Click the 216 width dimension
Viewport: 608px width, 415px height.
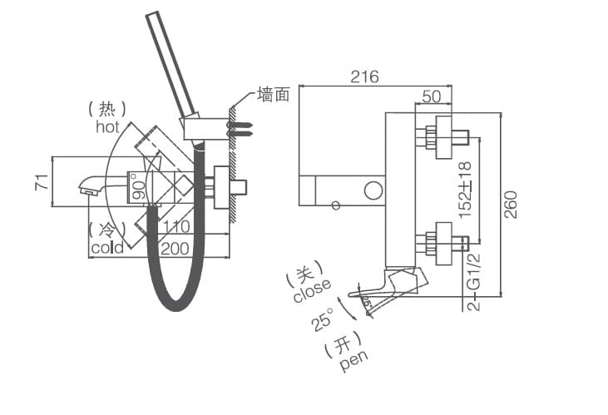pyautogui.click(x=364, y=77)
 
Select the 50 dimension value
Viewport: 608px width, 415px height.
pyautogui.click(x=432, y=97)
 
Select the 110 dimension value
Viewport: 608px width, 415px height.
pyautogui.click(x=175, y=227)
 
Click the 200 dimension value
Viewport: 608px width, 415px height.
pyautogui.click(x=175, y=248)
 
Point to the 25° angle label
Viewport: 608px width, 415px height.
pyautogui.click(x=324, y=319)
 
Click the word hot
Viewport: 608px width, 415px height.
pyautogui.click(x=107, y=126)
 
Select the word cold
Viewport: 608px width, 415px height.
pyautogui.click(x=107, y=247)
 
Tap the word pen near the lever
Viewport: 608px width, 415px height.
pyautogui.click(x=353, y=358)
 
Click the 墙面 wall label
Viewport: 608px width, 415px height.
pyautogui.click(x=274, y=95)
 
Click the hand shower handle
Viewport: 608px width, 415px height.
pyautogui.click(x=172, y=62)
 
